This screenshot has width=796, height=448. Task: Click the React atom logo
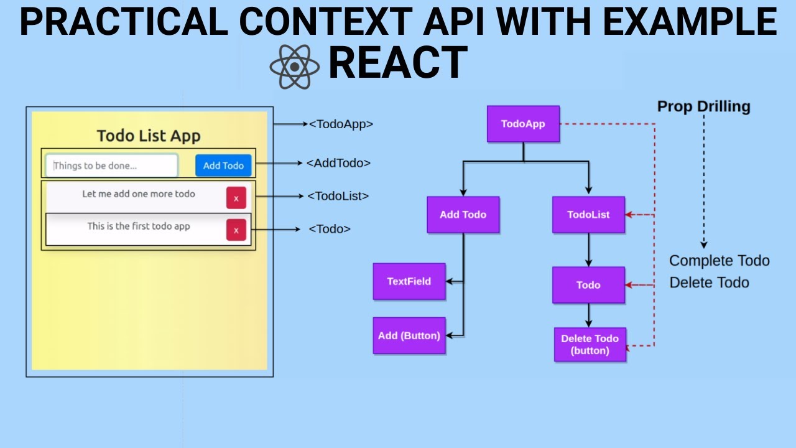click(294, 66)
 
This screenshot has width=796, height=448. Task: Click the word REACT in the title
click(397, 63)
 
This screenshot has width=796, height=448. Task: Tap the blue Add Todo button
click(223, 166)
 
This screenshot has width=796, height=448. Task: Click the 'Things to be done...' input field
click(112, 166)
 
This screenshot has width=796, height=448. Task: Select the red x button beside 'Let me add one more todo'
click(236, 198)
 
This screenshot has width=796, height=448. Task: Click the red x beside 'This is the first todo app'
click(236, 230)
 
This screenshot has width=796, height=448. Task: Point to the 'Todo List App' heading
click(149, 136)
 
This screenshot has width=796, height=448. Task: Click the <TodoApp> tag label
click(341, 124)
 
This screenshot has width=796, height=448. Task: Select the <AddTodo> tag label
click(338, 163)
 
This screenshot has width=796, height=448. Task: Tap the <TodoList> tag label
click(338, 196)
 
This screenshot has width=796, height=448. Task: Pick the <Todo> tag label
click(330, 229)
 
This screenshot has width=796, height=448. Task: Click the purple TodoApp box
click(523, 124)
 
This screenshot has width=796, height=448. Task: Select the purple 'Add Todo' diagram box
click(463, 215)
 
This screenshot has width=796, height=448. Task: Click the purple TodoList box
click(588, 215)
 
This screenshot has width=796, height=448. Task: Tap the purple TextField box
click(409, 281)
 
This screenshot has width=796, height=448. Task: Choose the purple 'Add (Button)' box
click(409, 335)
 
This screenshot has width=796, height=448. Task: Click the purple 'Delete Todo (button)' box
click(590, 345)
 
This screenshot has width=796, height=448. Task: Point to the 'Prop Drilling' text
click(703, 106)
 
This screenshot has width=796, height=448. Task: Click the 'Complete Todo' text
click(719, 261)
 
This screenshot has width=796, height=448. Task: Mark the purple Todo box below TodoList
click(588, 285)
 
